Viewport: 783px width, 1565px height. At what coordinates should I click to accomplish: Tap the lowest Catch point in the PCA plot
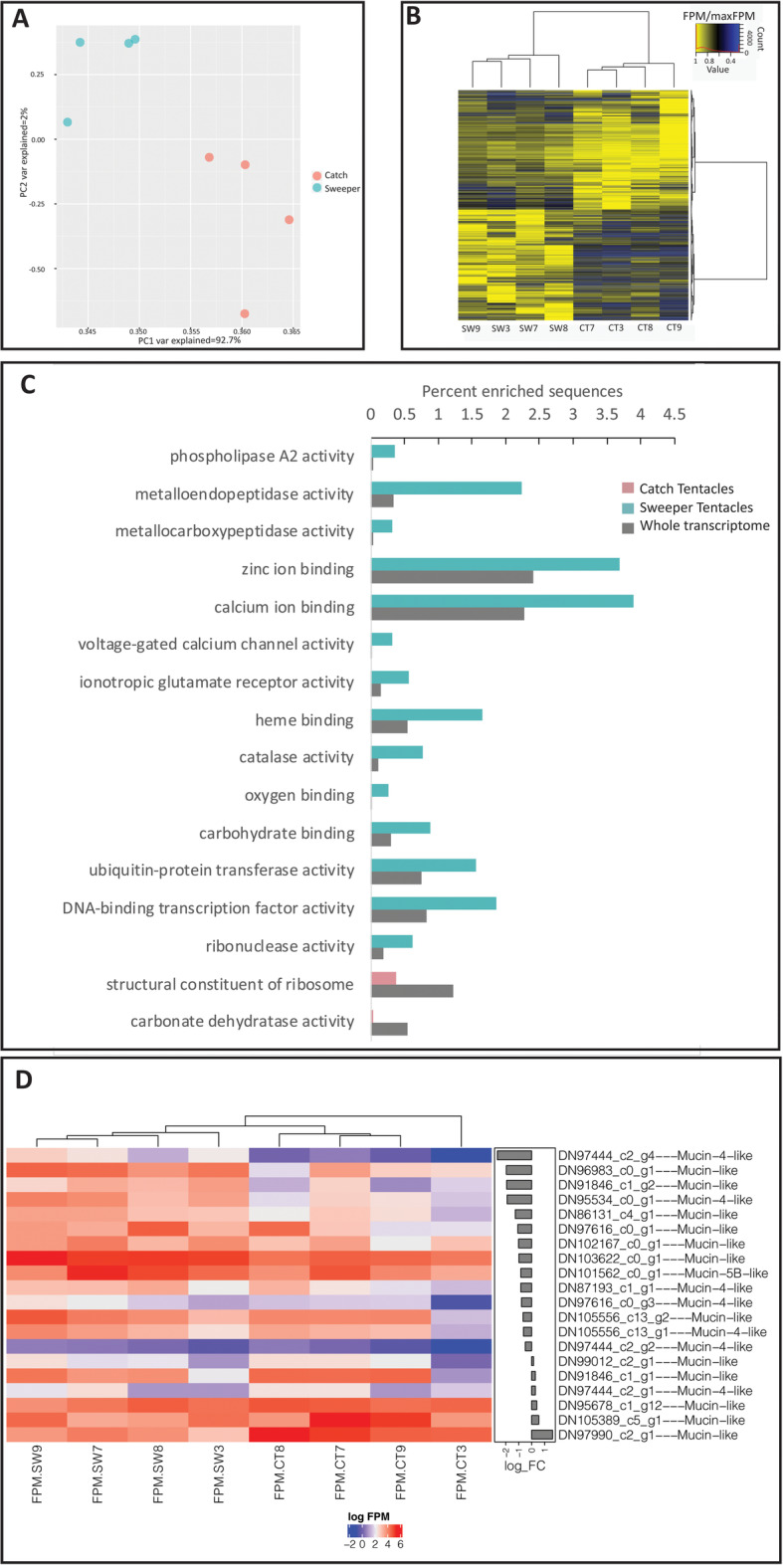[x=245, y=313]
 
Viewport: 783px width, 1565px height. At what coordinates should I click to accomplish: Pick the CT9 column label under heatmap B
[x=674, y=328]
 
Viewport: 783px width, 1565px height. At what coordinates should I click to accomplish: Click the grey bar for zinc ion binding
[x=452, y=576]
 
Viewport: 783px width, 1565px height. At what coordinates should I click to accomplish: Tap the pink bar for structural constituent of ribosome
[x=383, y=978]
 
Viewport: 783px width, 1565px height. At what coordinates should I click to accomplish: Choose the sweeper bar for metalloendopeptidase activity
[x=446, y=488]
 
